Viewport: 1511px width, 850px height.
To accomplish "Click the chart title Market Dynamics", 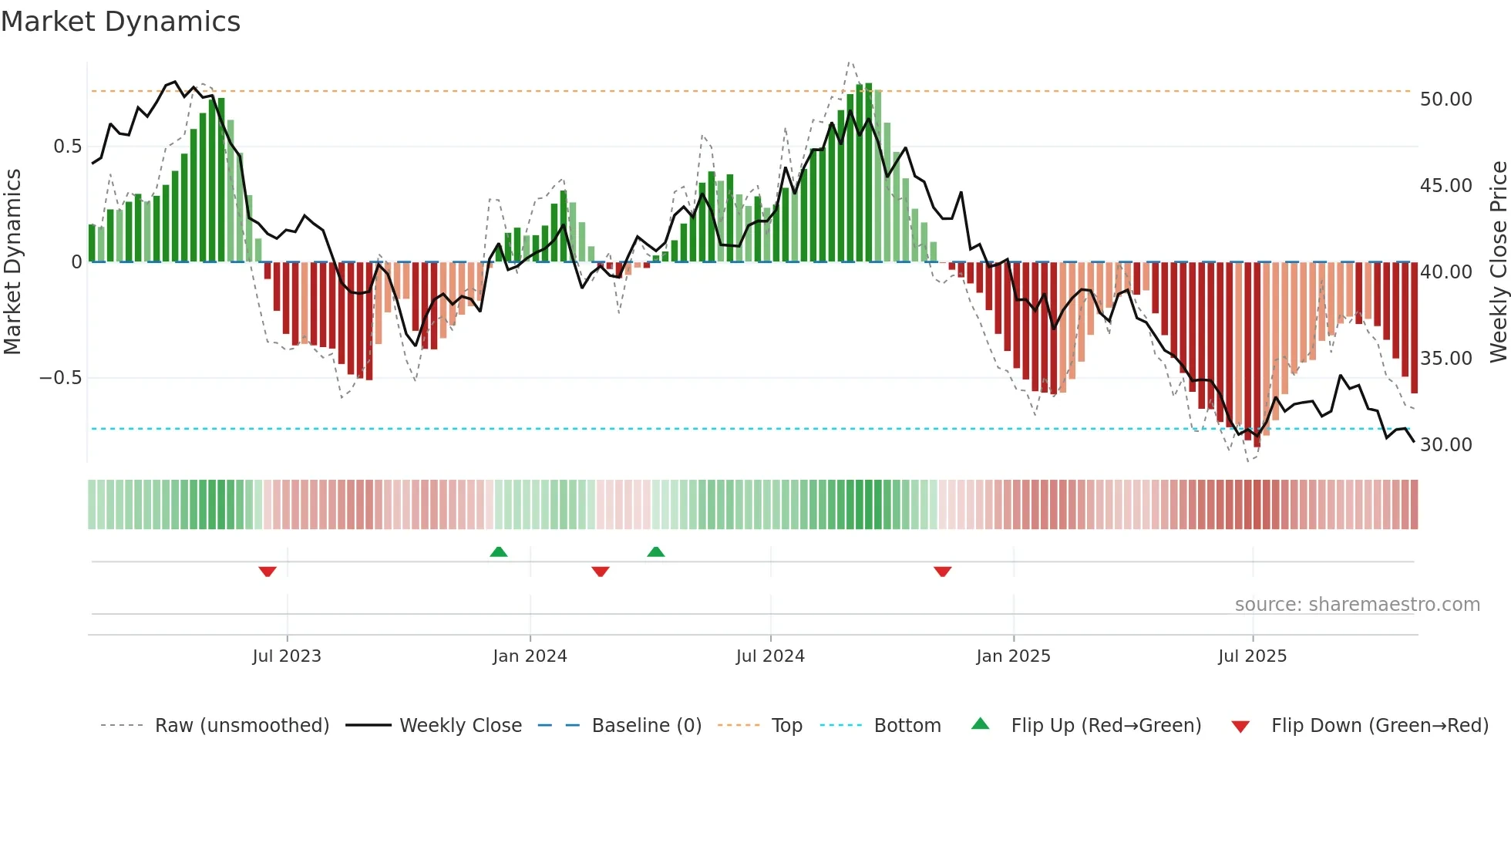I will coord(121,22).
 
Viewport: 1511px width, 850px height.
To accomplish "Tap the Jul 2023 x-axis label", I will coord(287,656).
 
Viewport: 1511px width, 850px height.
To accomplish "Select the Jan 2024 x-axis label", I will coord(530,656).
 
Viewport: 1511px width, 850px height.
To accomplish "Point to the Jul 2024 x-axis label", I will coord(770,656).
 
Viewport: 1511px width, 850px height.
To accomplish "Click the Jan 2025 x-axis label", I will coord(1013,656).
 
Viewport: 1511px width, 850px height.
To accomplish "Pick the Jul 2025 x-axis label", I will coord(1253,656).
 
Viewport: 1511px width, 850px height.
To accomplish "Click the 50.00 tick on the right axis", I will coord(1446,100).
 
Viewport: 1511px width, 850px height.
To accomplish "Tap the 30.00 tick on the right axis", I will coord(1446,445).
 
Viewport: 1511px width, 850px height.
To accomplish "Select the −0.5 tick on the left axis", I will coord(60,378).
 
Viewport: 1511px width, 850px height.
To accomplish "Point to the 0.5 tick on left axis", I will coord(68,147).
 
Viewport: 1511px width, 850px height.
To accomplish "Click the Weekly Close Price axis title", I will coord(1498,262).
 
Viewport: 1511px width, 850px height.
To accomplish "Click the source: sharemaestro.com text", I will coord(1357,605).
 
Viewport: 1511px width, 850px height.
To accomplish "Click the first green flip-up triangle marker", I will coord(499,551).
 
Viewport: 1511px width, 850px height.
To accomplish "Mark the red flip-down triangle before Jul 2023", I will coord(268,572).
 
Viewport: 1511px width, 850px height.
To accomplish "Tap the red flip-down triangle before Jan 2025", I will coord(942,572).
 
